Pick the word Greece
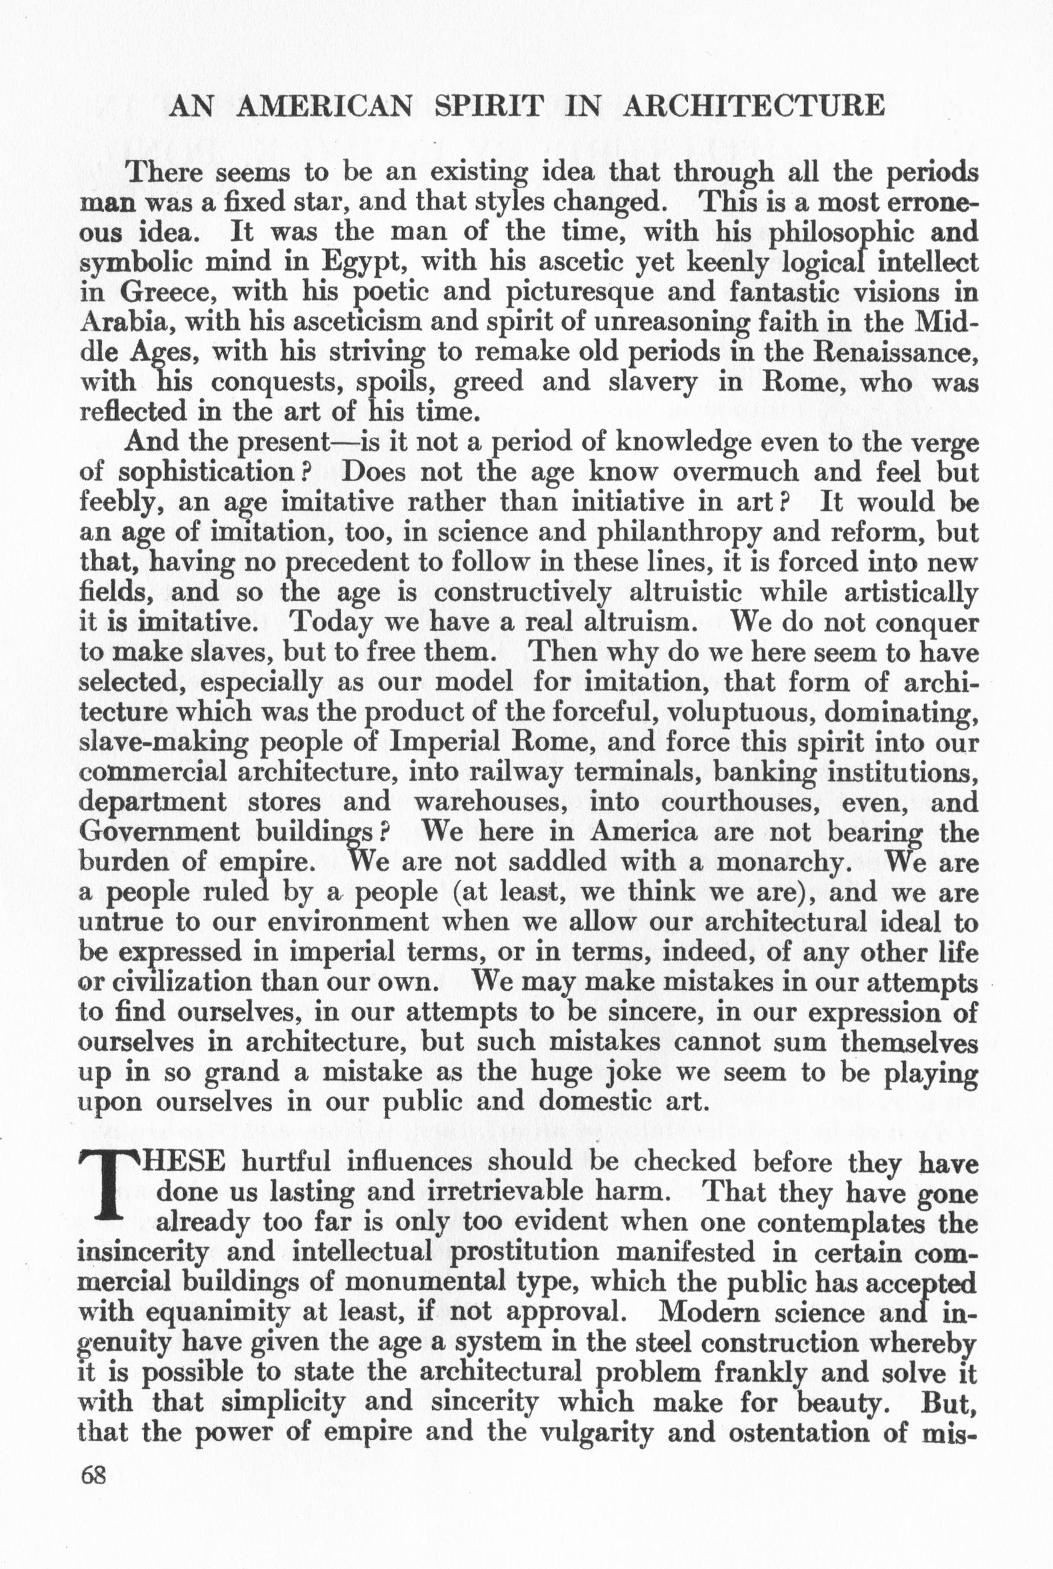click(157, 292)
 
